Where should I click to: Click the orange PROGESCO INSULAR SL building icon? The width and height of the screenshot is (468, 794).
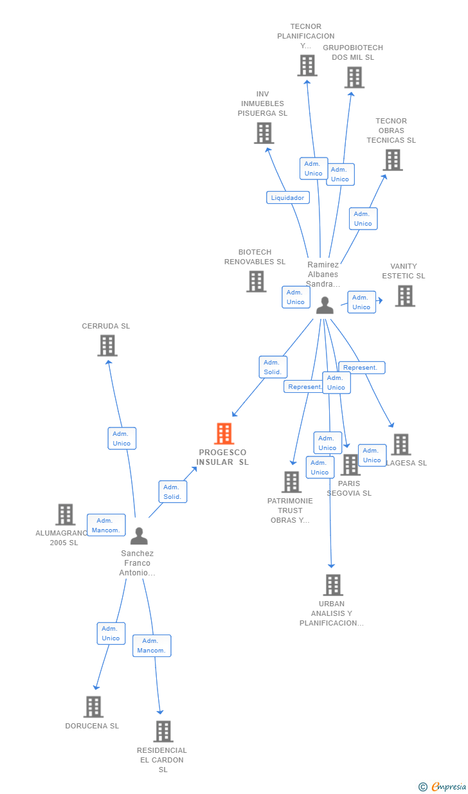pyautogui.click(x=224, y=434)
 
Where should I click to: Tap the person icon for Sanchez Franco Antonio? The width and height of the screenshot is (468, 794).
pyautogui.click(x=139, y=536)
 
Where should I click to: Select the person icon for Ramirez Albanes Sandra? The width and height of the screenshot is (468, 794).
pyautogui.click(x=325, y=305)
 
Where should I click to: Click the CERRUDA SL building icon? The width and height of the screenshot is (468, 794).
pyautogui.click(x=107, y=345)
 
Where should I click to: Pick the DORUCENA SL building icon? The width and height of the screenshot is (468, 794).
pyautogui.click(x=93, y=707)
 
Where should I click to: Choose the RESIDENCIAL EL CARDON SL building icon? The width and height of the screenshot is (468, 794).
pyautogui.click(x=163, y=731)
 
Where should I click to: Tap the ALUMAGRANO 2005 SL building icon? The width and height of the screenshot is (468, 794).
pyautogui.click(x=65, y=514)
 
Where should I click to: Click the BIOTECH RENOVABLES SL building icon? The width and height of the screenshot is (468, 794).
pyautogui.click(x=256, y=281)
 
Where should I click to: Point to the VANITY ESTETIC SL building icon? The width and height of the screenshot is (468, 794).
pyautogui.click(x=404, y=296)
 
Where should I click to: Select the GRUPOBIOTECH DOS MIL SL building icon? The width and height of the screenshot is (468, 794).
pyautogui.click(x=354, y=77)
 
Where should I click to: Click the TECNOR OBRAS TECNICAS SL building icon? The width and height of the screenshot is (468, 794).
pyautogui.click(x=392, y=160)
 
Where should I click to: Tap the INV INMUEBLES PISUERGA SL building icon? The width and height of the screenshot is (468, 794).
pyautogui.click(x=264, y=133)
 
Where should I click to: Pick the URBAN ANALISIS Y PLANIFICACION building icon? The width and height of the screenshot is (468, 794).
pyautogui.click(x=333, y=585)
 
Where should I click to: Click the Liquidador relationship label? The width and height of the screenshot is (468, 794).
pyautogui.click(x=288, y=198)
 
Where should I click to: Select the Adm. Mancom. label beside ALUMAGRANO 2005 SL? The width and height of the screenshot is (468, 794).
pyautogui.click(x=106, y=525)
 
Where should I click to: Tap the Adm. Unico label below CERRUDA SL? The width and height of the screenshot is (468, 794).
pyautogui.click(x=122, y=438)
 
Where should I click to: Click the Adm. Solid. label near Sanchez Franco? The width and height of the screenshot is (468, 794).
pyautogui.click(x=172, y=492)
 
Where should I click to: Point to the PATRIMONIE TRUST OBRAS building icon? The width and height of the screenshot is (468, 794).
pyautogui.click(x=291, y=482)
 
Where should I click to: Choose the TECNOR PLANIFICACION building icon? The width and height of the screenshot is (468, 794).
pyautogui.click(x=307, y=65)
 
